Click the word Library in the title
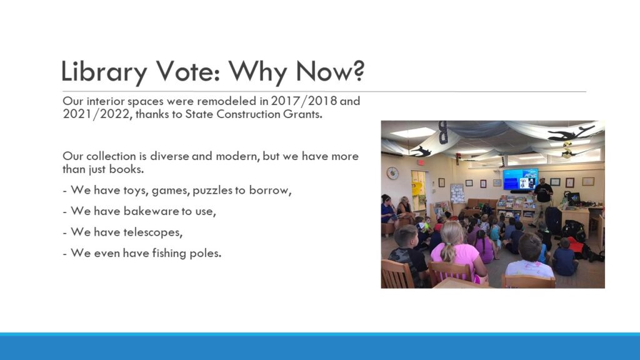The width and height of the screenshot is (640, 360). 104,72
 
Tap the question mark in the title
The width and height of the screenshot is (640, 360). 357,70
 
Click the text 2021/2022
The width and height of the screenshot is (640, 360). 97,114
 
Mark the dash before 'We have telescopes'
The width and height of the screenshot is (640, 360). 64,233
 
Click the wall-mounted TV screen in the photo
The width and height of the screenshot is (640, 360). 520,179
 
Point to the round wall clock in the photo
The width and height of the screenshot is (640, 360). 392,173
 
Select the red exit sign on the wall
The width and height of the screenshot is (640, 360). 421,162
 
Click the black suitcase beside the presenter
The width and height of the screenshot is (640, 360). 554,220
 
